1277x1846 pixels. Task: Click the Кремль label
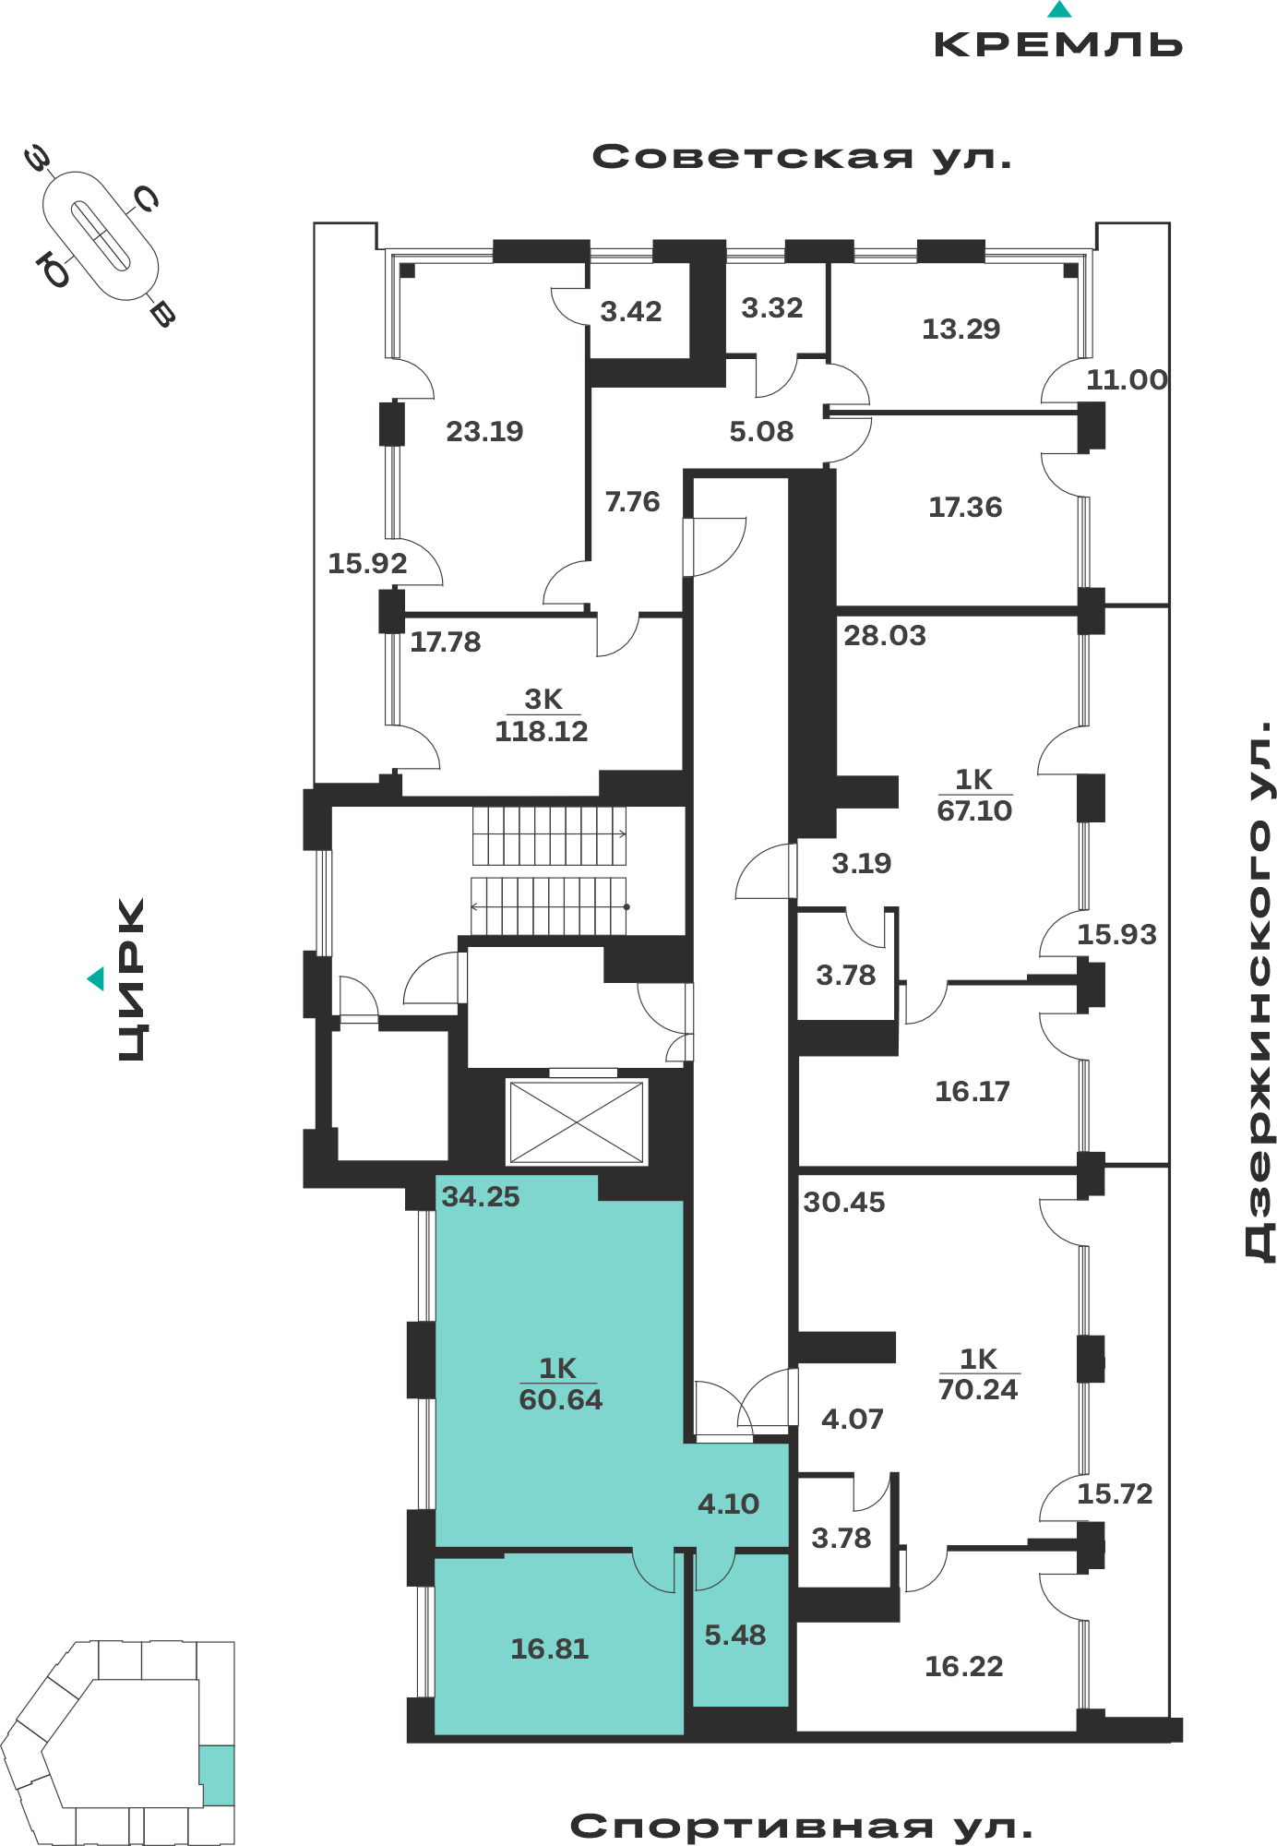(1058, 44)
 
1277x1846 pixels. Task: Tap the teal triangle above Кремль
(1059, 10)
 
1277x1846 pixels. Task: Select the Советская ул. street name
(802, 157)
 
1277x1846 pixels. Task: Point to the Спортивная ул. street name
(801, 1826)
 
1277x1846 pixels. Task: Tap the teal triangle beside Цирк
(96, 978)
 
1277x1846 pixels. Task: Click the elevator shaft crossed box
(577, 1121)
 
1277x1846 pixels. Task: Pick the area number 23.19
(484, 431)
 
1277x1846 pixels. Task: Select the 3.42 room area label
(631, 312)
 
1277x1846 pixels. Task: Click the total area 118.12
(542, 732)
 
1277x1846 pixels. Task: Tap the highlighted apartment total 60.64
(560, 1400)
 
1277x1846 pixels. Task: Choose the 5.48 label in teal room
(735, 1636)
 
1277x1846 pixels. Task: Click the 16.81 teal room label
(550, 1649)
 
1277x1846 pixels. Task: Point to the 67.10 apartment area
(974, 811)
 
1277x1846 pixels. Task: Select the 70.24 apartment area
(978, 1390)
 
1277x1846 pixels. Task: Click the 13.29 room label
(961, 330)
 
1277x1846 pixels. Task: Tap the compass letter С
(147, 198)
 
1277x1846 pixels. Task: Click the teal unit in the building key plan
(217, 1775)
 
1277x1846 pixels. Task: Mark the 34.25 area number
(481, 1197)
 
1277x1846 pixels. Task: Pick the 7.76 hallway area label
(633, 502)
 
